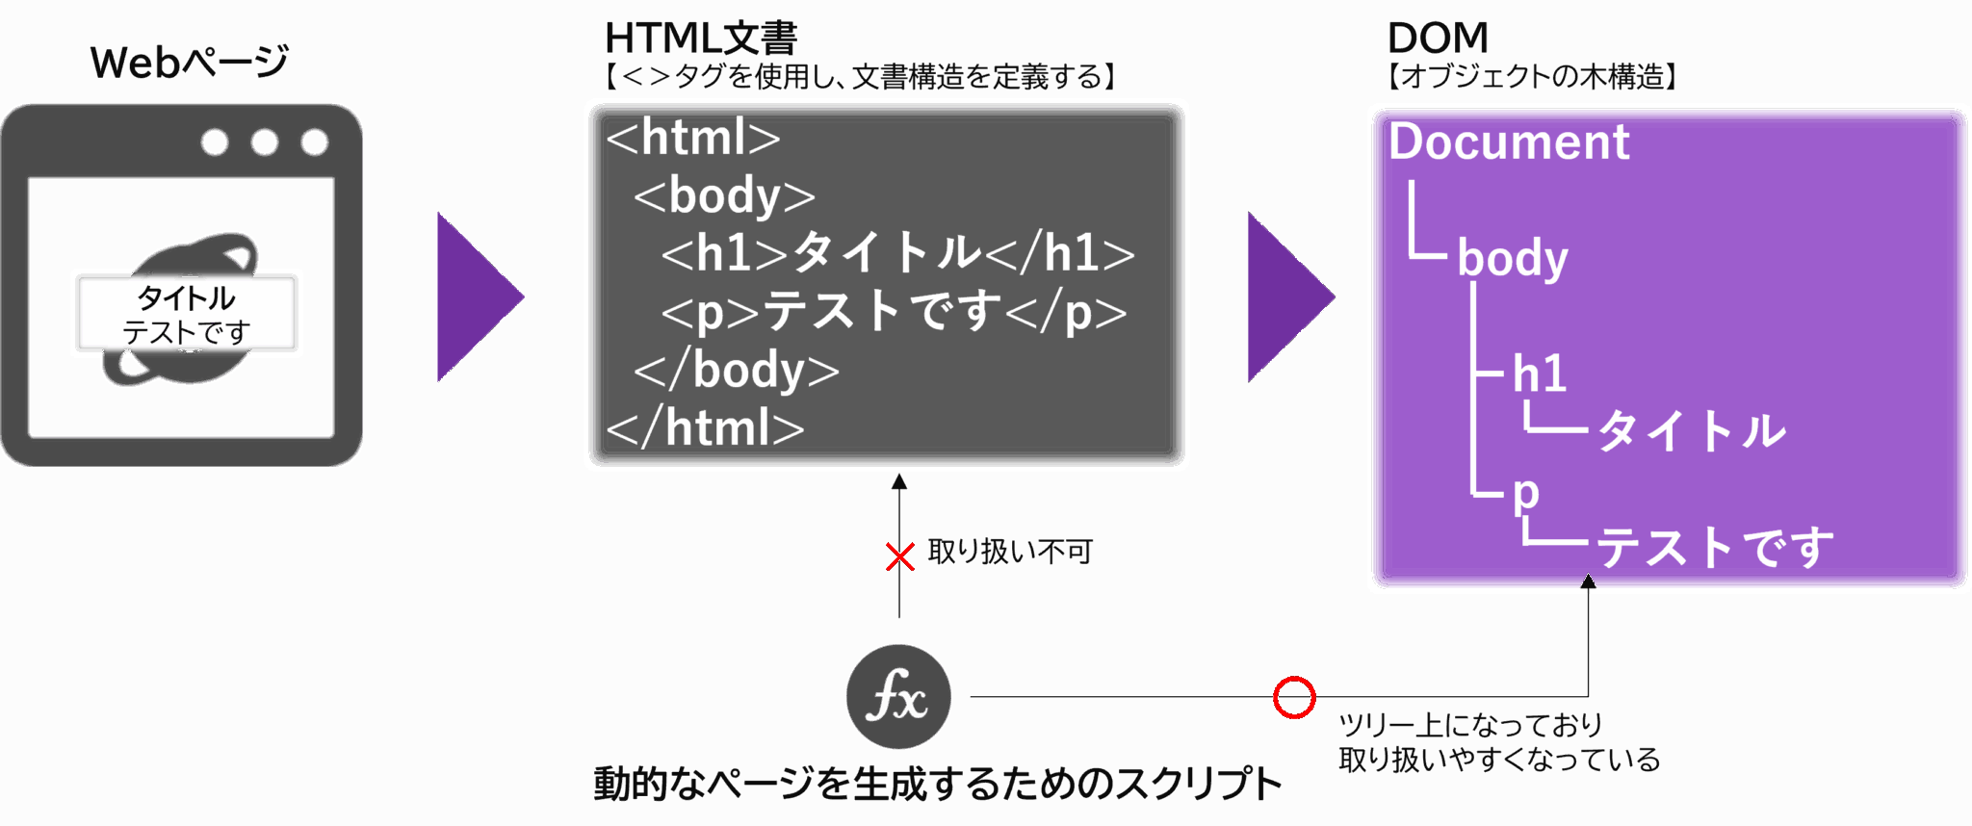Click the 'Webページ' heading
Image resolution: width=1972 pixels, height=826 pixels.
coord(190,63)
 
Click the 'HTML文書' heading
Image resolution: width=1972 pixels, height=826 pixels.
coord(701,39)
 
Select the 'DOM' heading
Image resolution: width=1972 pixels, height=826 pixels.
coord(1438,39)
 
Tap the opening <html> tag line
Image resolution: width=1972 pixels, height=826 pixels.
coord(693,138)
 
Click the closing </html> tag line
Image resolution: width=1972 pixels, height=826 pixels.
coord(706,427)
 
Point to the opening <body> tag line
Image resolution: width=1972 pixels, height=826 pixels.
coord(724,196)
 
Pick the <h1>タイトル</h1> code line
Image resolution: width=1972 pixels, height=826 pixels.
coord(897,253)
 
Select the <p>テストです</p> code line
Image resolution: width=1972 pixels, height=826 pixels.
coord(894,312)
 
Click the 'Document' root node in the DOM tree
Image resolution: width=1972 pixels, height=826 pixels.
coord(1509,142)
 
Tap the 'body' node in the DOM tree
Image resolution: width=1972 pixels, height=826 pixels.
coord(1513,259)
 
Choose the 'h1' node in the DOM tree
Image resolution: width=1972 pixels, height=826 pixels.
coord(1539,374)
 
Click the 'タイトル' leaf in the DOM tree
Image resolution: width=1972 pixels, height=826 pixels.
coord(1692,430)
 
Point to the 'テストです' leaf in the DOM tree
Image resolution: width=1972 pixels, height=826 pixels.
coord(1715,547)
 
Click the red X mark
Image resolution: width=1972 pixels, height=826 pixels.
coord(899,556)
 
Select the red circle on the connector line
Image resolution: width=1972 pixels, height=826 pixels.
coord(1293,697)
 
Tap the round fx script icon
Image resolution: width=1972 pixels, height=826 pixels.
coord(897,697)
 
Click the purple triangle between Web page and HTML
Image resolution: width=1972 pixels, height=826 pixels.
coord(476,297)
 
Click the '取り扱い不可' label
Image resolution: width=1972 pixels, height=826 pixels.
coord(1009,553)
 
